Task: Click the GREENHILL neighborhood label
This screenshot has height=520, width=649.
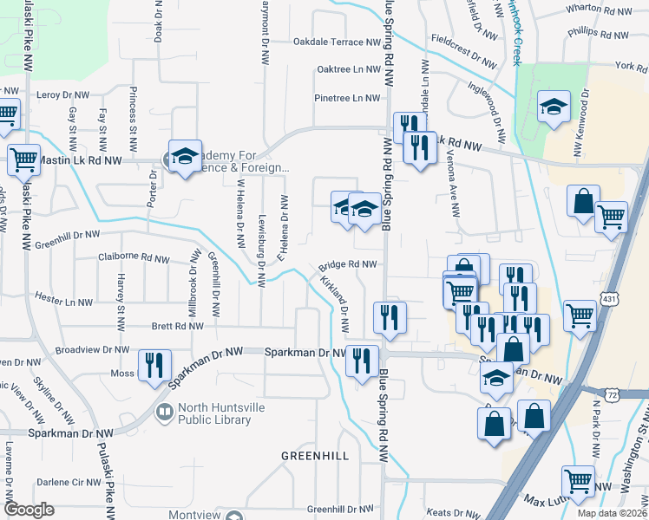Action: (315, 456)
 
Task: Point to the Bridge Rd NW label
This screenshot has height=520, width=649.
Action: (347, 265)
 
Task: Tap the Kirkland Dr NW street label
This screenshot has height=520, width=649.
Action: (334, 304)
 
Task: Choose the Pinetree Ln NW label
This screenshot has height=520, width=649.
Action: (347, 98)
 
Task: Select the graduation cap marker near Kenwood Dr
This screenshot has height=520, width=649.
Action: (552, 107)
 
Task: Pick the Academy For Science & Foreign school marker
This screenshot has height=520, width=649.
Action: (184, 157)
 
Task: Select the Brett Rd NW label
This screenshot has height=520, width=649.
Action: (177, 327)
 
